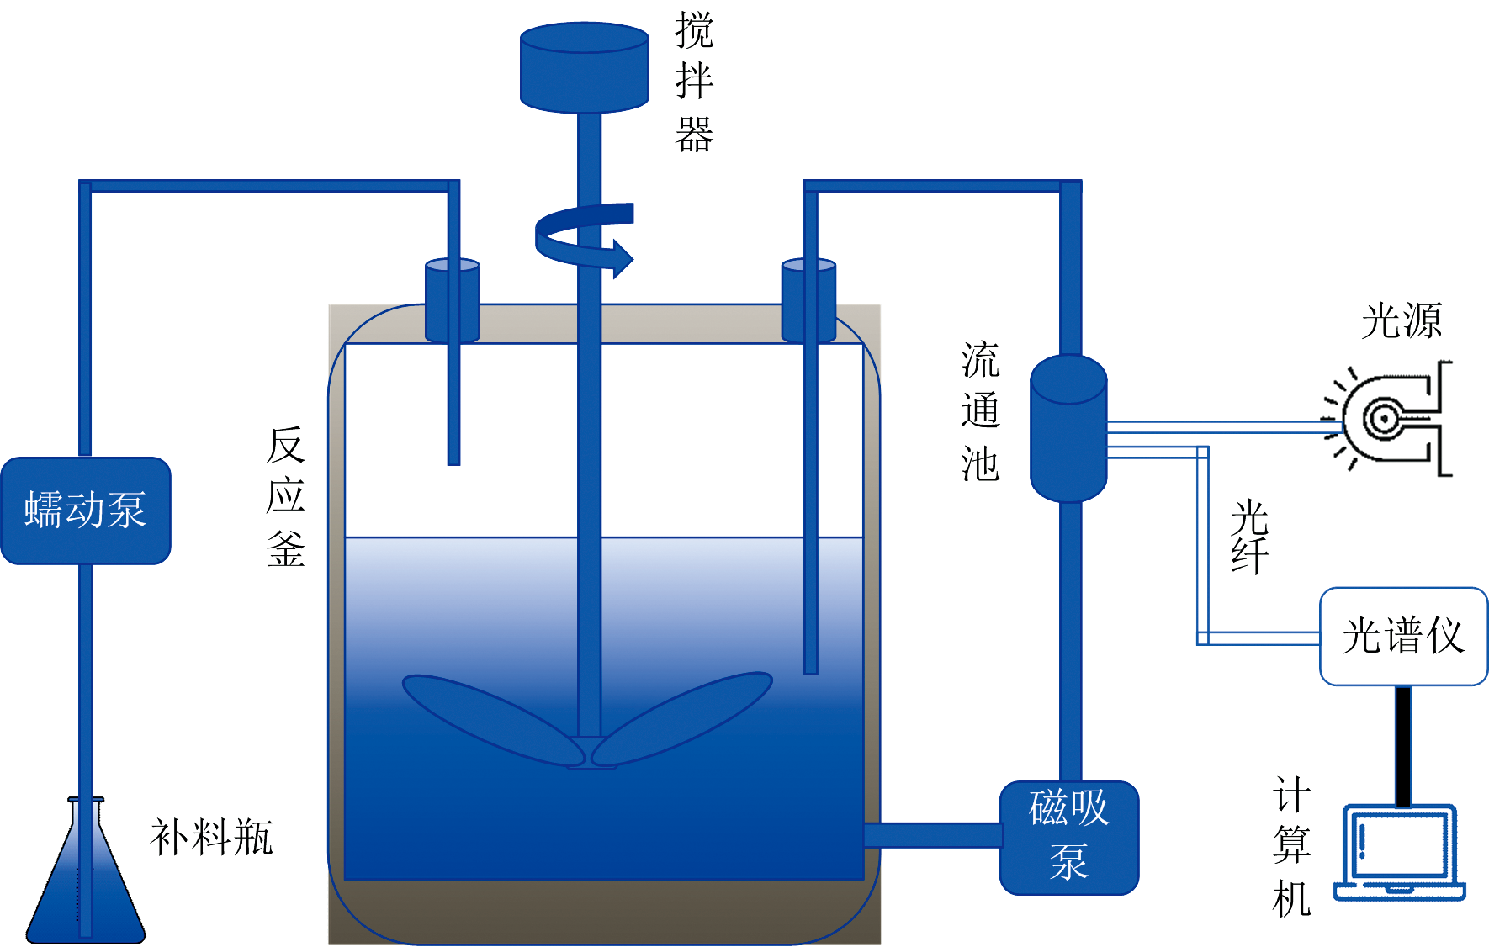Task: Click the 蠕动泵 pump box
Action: point(86,511)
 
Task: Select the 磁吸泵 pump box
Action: point(1068,837)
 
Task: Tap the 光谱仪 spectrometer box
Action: point(1403,636)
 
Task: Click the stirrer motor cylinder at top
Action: point(584,67)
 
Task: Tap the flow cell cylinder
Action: point(1068,429)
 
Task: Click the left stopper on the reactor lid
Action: point(453,300)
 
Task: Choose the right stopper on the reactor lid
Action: point(808,300)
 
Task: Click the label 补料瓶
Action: point(212,838)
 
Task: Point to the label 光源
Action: point(1402,320)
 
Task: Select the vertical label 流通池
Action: point(980,411)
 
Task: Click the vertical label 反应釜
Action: point(286,496)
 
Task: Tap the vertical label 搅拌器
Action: point(694,82)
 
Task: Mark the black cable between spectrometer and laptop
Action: point(1403,745)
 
